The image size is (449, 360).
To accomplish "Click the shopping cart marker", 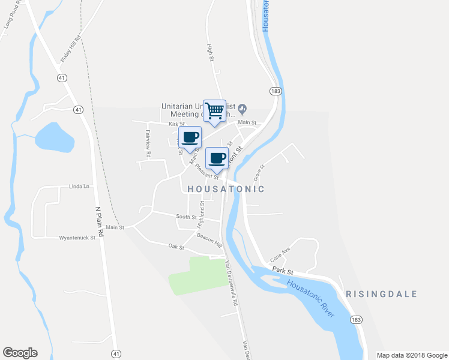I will (214, 110).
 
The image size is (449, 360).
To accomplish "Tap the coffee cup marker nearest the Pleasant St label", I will (217, 158).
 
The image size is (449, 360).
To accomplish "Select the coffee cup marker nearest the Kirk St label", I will (190, 137).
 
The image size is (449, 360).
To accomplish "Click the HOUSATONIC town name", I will (226, 188).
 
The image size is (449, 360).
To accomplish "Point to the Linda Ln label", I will (79, 187).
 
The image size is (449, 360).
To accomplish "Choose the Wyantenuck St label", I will (77, 238).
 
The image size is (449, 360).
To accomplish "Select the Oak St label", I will (175, 246).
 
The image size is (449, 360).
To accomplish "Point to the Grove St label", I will (258, 173).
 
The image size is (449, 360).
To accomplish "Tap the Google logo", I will (20, 353).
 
